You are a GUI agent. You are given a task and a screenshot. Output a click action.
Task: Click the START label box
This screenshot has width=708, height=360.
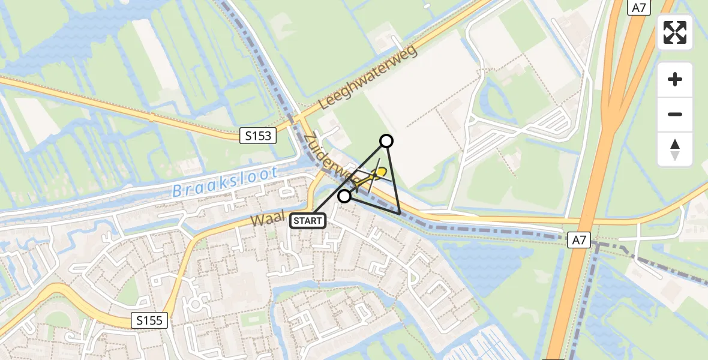[x=308, y=221]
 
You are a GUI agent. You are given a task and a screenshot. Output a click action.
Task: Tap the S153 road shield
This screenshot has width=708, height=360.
[x=258, y=136]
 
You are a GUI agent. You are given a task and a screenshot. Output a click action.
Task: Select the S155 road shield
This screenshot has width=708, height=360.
[x=149, y=320]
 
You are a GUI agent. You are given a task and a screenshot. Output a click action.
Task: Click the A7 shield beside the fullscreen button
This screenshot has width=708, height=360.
[x=639, y=7]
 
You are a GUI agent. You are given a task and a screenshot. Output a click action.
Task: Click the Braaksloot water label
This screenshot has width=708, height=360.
[x=225, y=182]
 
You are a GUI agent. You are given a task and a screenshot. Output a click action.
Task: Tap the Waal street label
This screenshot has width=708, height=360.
[x=266, y=218]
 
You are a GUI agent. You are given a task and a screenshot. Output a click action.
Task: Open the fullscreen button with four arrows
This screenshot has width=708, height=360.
[x=675, y=32]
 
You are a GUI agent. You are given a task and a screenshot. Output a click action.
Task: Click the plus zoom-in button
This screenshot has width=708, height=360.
[x=675, y=79]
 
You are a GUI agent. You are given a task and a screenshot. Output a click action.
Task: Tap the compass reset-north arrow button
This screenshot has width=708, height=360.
[x=675, y=149]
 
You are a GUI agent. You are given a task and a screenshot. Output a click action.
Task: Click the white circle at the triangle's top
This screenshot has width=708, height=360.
[x=386, y=141]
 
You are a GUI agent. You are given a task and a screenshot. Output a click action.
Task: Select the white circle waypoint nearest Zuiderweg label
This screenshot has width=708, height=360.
[x=344, y=196]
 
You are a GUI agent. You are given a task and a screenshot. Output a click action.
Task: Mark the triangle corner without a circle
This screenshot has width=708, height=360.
[x=400, y=214]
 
